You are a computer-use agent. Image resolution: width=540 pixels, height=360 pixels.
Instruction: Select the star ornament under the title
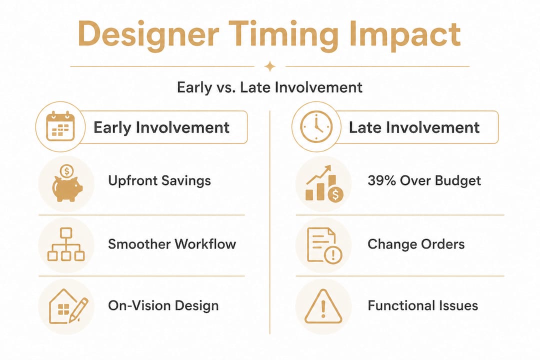270,66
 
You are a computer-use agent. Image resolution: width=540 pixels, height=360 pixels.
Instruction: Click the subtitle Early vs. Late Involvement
269,87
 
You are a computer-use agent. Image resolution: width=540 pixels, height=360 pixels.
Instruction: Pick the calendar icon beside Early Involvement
60,126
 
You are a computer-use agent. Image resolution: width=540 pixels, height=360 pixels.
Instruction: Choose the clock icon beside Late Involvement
316,127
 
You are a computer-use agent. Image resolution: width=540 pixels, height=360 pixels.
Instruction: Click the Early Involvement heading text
161,127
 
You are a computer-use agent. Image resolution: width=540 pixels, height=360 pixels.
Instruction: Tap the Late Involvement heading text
414,127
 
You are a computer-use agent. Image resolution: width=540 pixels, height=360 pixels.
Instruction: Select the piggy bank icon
67,183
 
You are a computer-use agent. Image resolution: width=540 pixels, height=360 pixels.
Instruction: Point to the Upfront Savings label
159,181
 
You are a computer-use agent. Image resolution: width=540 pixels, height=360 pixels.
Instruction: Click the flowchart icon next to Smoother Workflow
66,244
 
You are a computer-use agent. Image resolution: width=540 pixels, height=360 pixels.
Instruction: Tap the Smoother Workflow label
172,244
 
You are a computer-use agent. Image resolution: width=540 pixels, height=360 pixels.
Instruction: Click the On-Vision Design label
163,306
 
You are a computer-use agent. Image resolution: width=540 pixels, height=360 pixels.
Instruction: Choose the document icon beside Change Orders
324,245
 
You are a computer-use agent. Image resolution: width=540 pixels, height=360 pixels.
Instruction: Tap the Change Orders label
416,244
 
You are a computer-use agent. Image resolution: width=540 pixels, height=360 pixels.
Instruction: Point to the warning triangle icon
323,306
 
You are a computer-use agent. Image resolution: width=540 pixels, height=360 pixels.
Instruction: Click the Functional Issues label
422,305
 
